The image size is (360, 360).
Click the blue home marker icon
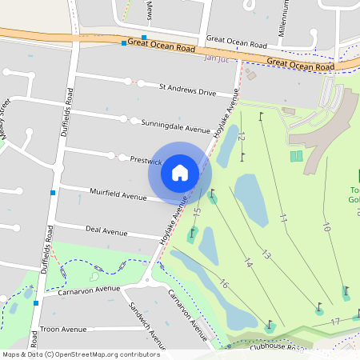pos(180,173)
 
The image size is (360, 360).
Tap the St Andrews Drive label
pos(187,90)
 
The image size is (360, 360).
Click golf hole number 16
pos(223,284)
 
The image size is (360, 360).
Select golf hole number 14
pos(247,261)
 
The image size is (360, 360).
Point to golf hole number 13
pos(266,254)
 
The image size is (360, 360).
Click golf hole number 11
pos(283,217)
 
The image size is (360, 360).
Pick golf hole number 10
pos(326,226)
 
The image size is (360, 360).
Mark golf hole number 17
pos(335,322)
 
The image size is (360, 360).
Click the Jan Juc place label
pos(217,58)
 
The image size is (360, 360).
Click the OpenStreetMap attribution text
pos(81,354)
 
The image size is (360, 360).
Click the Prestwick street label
pos(146,160)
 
